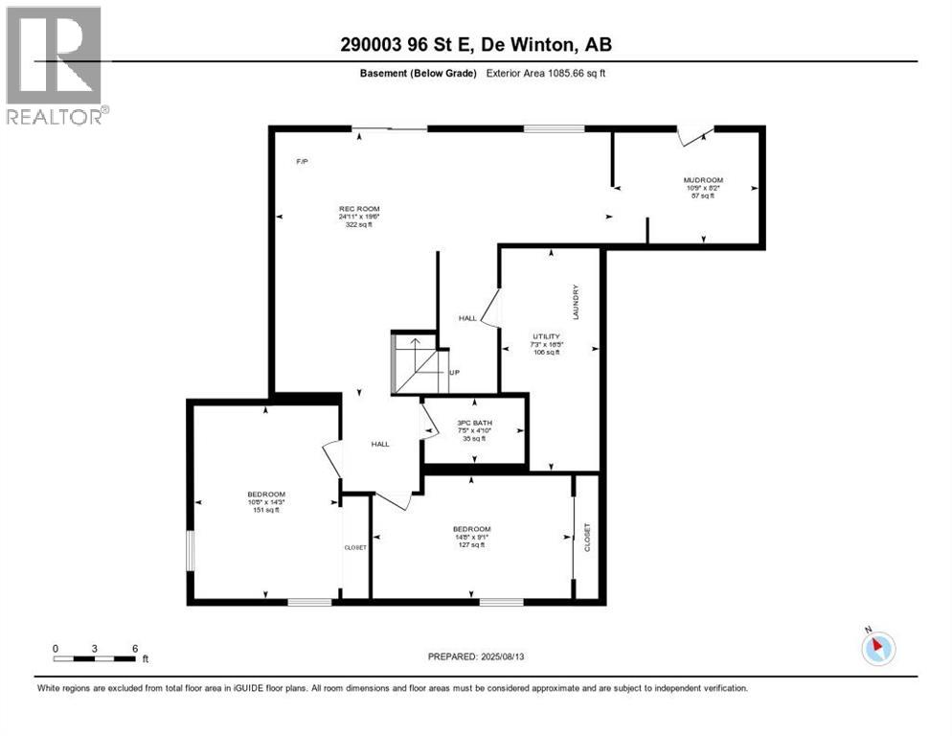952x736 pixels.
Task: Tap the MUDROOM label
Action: tap(702, 180)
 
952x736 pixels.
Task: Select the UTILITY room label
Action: tap(547, 336)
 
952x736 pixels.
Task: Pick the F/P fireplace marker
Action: tap(302, 161)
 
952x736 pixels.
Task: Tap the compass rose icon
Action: tap(876, 648)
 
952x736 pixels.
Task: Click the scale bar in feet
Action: tap(95, 658)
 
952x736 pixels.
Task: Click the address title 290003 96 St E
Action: tap(476, 44)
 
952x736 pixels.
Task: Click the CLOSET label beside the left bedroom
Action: tap(355, 548)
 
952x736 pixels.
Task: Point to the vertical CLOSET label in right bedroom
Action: tap(587, 537)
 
